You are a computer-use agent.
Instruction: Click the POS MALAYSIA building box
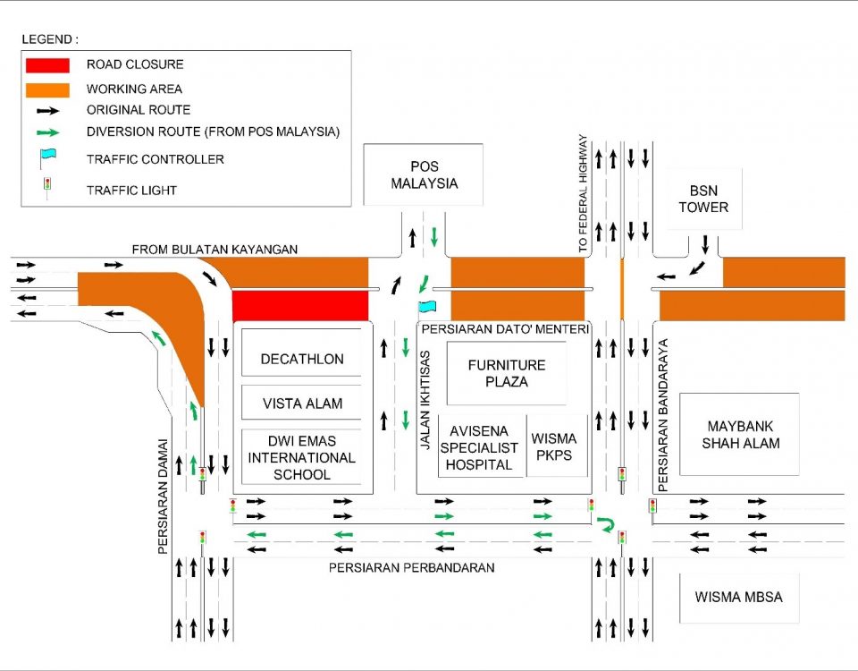(424, 174)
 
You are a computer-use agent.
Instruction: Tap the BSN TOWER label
(703, 199)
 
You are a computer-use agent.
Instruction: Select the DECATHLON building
(302, 359)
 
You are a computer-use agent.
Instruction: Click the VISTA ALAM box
(302, 403)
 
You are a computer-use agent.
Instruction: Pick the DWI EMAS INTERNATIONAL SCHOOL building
(302, 458)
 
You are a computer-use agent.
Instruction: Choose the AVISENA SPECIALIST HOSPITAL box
(481, 446)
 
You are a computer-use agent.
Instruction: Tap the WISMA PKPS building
(554, 446)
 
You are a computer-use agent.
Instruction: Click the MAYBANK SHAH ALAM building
(741, 435)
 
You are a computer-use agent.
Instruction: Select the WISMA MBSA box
(737, 597)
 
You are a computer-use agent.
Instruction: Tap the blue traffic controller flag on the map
(427, 307)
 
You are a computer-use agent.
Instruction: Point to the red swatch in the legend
(48, 65)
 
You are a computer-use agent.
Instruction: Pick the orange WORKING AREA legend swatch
(48, 89)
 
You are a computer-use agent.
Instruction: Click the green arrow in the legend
(48, 132)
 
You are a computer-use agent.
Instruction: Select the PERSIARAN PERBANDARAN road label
(411, 567)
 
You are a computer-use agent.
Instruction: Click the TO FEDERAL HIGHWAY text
(584, 192)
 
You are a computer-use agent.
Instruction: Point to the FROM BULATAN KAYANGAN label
(214, 249)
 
